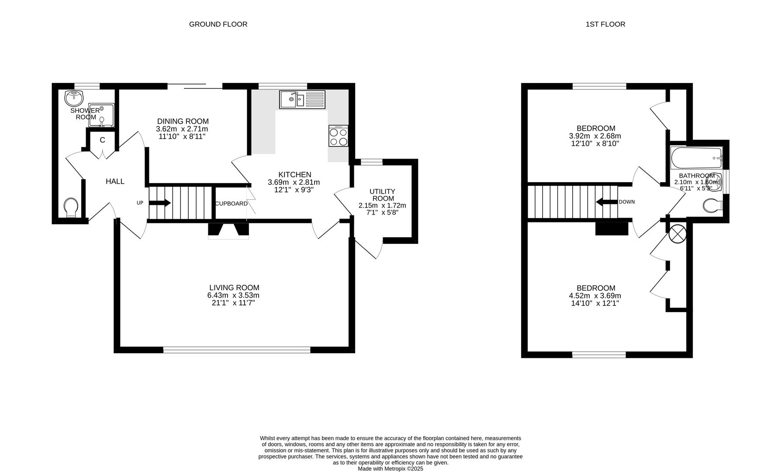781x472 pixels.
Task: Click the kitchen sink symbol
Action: (302, 99)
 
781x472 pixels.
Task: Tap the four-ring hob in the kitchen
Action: (339, 135)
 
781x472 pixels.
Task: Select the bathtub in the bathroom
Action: (696, 158)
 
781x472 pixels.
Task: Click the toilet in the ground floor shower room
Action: (71, 207)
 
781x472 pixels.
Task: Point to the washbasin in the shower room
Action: (75, 98)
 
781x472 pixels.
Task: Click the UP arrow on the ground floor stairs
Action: (160, 203)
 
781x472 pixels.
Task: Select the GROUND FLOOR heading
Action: (218, 24)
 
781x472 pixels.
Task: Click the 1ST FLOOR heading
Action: (605, 24)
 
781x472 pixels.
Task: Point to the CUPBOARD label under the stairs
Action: (231, 204)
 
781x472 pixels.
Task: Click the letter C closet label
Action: (102, 140)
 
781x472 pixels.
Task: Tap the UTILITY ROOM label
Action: (383, 195)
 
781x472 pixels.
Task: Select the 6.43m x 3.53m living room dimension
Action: (233, 295)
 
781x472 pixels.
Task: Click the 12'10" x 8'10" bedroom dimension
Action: (595, 143)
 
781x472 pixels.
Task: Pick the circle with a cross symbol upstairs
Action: (677, 233)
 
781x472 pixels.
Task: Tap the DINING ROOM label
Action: (183, 121)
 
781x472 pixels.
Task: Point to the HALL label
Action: (115, 181)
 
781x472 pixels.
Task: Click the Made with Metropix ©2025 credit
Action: (390, 469)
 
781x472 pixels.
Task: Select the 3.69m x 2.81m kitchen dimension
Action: (294, 183)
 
